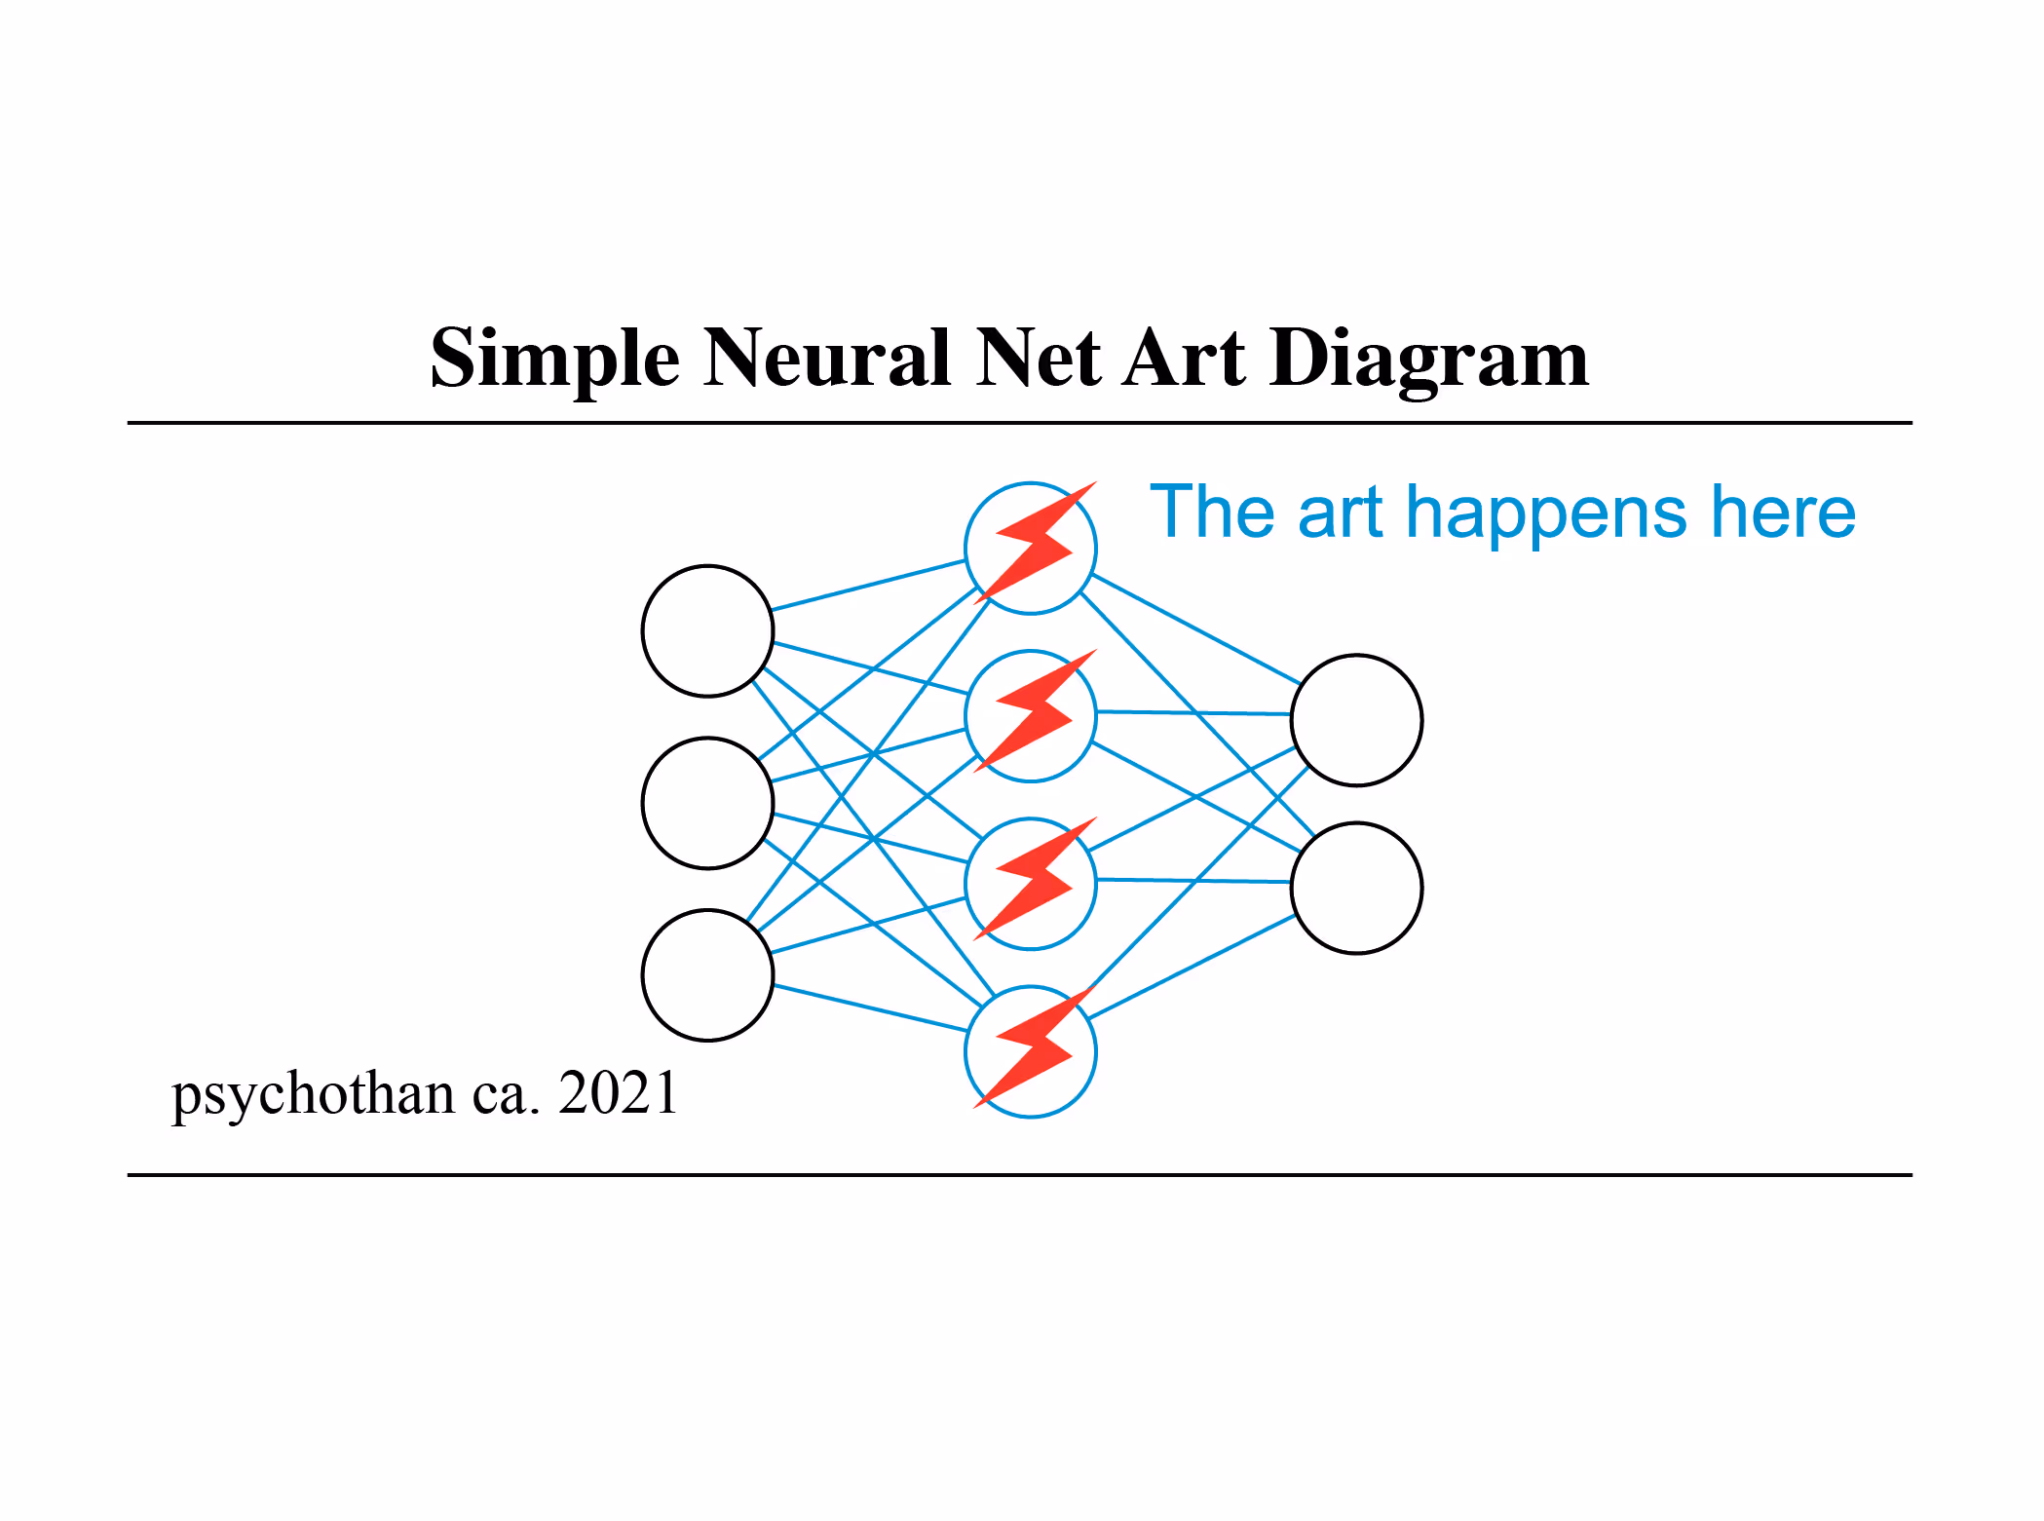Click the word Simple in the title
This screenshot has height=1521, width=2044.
click(x=553, y=359)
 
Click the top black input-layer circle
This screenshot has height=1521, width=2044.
click(x=707, y=631)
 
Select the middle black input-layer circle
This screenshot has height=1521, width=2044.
click(x=707, y=803)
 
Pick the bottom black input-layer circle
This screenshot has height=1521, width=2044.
click(x=707, y=975)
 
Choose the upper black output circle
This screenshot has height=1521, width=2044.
click(x=1356, y=720)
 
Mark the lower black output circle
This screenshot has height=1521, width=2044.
click(x=1356, y=888)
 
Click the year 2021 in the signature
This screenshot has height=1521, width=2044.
click(x=618, y=1092)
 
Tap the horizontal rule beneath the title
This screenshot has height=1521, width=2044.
click(x=1019, y=423)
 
